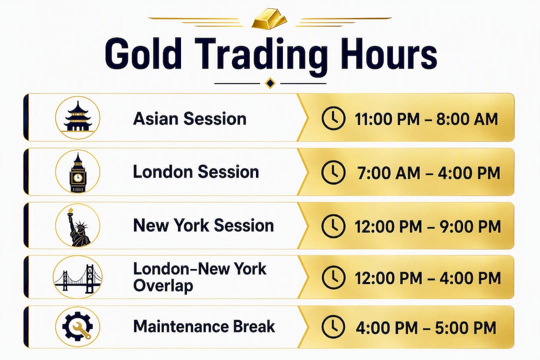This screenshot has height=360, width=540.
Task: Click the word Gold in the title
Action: (x=143, y=54)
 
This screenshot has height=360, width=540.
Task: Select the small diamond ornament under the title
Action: (x=270, y=83)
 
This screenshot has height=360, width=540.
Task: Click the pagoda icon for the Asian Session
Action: (x=78, y=116)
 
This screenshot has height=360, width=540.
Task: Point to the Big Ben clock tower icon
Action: (x=78, y=172)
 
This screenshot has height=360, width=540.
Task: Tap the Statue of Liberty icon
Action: (x=77, y=226)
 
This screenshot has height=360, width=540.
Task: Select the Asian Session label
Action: (x=190, y=119)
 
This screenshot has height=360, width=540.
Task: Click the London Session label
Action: (x=196, y=171)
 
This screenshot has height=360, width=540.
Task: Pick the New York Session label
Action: (x=203, y=225)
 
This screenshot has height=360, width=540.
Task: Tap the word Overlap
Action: (x=163, y=285)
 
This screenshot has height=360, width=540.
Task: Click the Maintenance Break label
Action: (x=204, y=326)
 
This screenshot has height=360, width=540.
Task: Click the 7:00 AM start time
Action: (x=389, y=172)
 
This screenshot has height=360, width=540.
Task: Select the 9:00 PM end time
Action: (x=470, y=226)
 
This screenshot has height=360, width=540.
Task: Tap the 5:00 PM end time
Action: (x=465, y=327)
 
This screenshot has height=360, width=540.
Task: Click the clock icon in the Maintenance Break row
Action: (x=333, y=327)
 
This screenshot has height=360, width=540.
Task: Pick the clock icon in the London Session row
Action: (x=333, y=172)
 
